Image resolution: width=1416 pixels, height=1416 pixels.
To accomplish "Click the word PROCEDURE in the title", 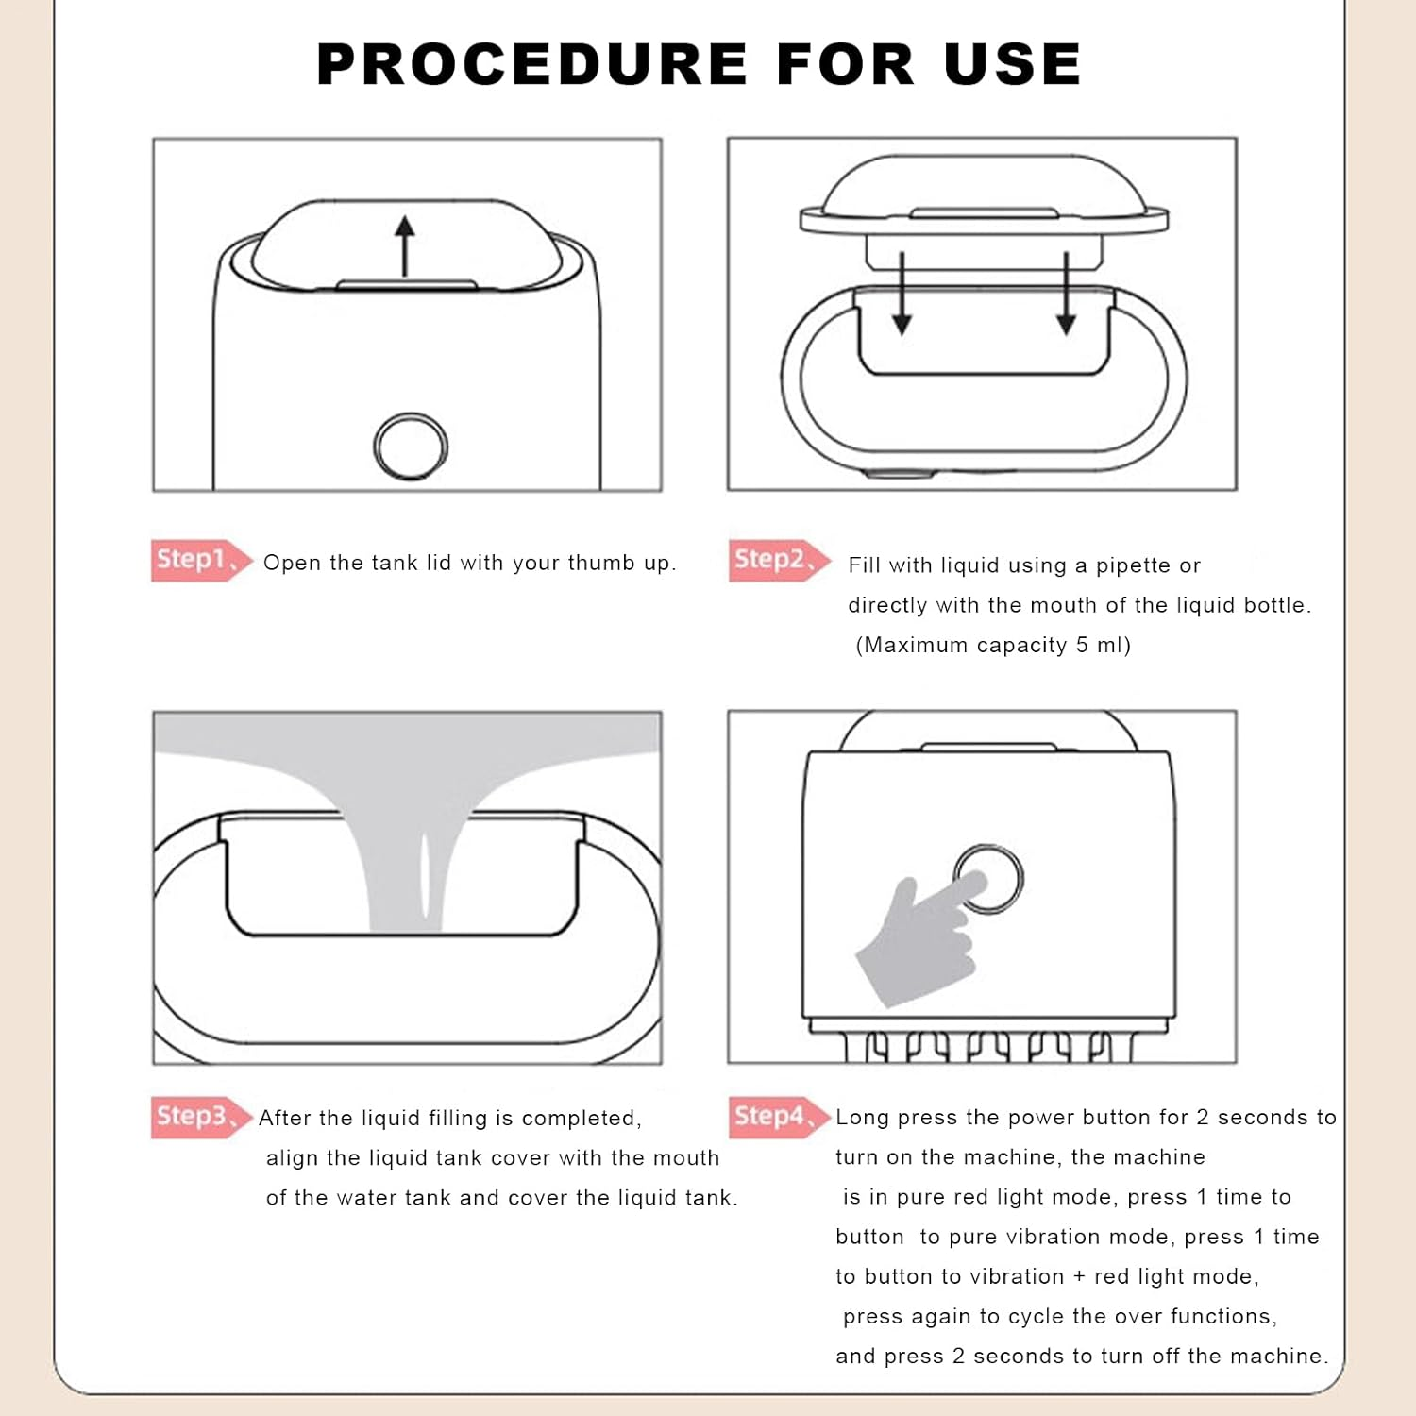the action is [531, 64].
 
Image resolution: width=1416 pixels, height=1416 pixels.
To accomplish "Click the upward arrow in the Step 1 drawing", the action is [405, 246].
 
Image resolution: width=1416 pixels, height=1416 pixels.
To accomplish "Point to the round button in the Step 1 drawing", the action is [411, 447].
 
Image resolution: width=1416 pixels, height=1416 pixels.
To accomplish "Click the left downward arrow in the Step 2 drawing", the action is [902, 293].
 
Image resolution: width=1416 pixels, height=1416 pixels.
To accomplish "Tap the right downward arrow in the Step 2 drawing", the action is [1066, 293].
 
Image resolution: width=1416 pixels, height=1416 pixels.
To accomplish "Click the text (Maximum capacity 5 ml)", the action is [993, 645].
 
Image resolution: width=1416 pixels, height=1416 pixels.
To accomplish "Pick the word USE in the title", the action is [1012, 64].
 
